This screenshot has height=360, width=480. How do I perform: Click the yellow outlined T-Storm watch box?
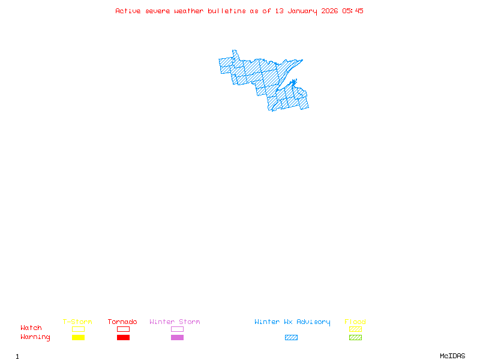coord(78,329)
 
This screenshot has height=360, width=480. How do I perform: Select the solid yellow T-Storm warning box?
coord(78,337)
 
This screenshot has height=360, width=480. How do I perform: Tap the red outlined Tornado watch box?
coord(123,329)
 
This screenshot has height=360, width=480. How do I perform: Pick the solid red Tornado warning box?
coord(123,337)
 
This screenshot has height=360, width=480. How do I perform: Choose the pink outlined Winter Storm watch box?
coord(177,329)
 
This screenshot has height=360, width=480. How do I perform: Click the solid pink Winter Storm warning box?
coord(177,337)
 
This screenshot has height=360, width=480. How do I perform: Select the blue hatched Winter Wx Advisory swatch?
coord(291,337)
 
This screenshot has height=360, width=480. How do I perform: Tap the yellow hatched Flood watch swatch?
coord(355,329)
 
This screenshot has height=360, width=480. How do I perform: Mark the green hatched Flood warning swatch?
coord(355,337)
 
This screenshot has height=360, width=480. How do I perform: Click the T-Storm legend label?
coord(77,322)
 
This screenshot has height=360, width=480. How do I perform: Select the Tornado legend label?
coord(122,322)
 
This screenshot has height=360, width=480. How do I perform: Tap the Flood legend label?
coord(355,322)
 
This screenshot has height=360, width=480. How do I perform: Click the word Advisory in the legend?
coord(313,322)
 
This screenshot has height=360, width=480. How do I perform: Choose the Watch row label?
coord(31,328)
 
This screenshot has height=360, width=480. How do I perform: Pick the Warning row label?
coord(35,337)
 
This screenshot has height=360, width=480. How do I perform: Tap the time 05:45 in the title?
coord(353,11)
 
